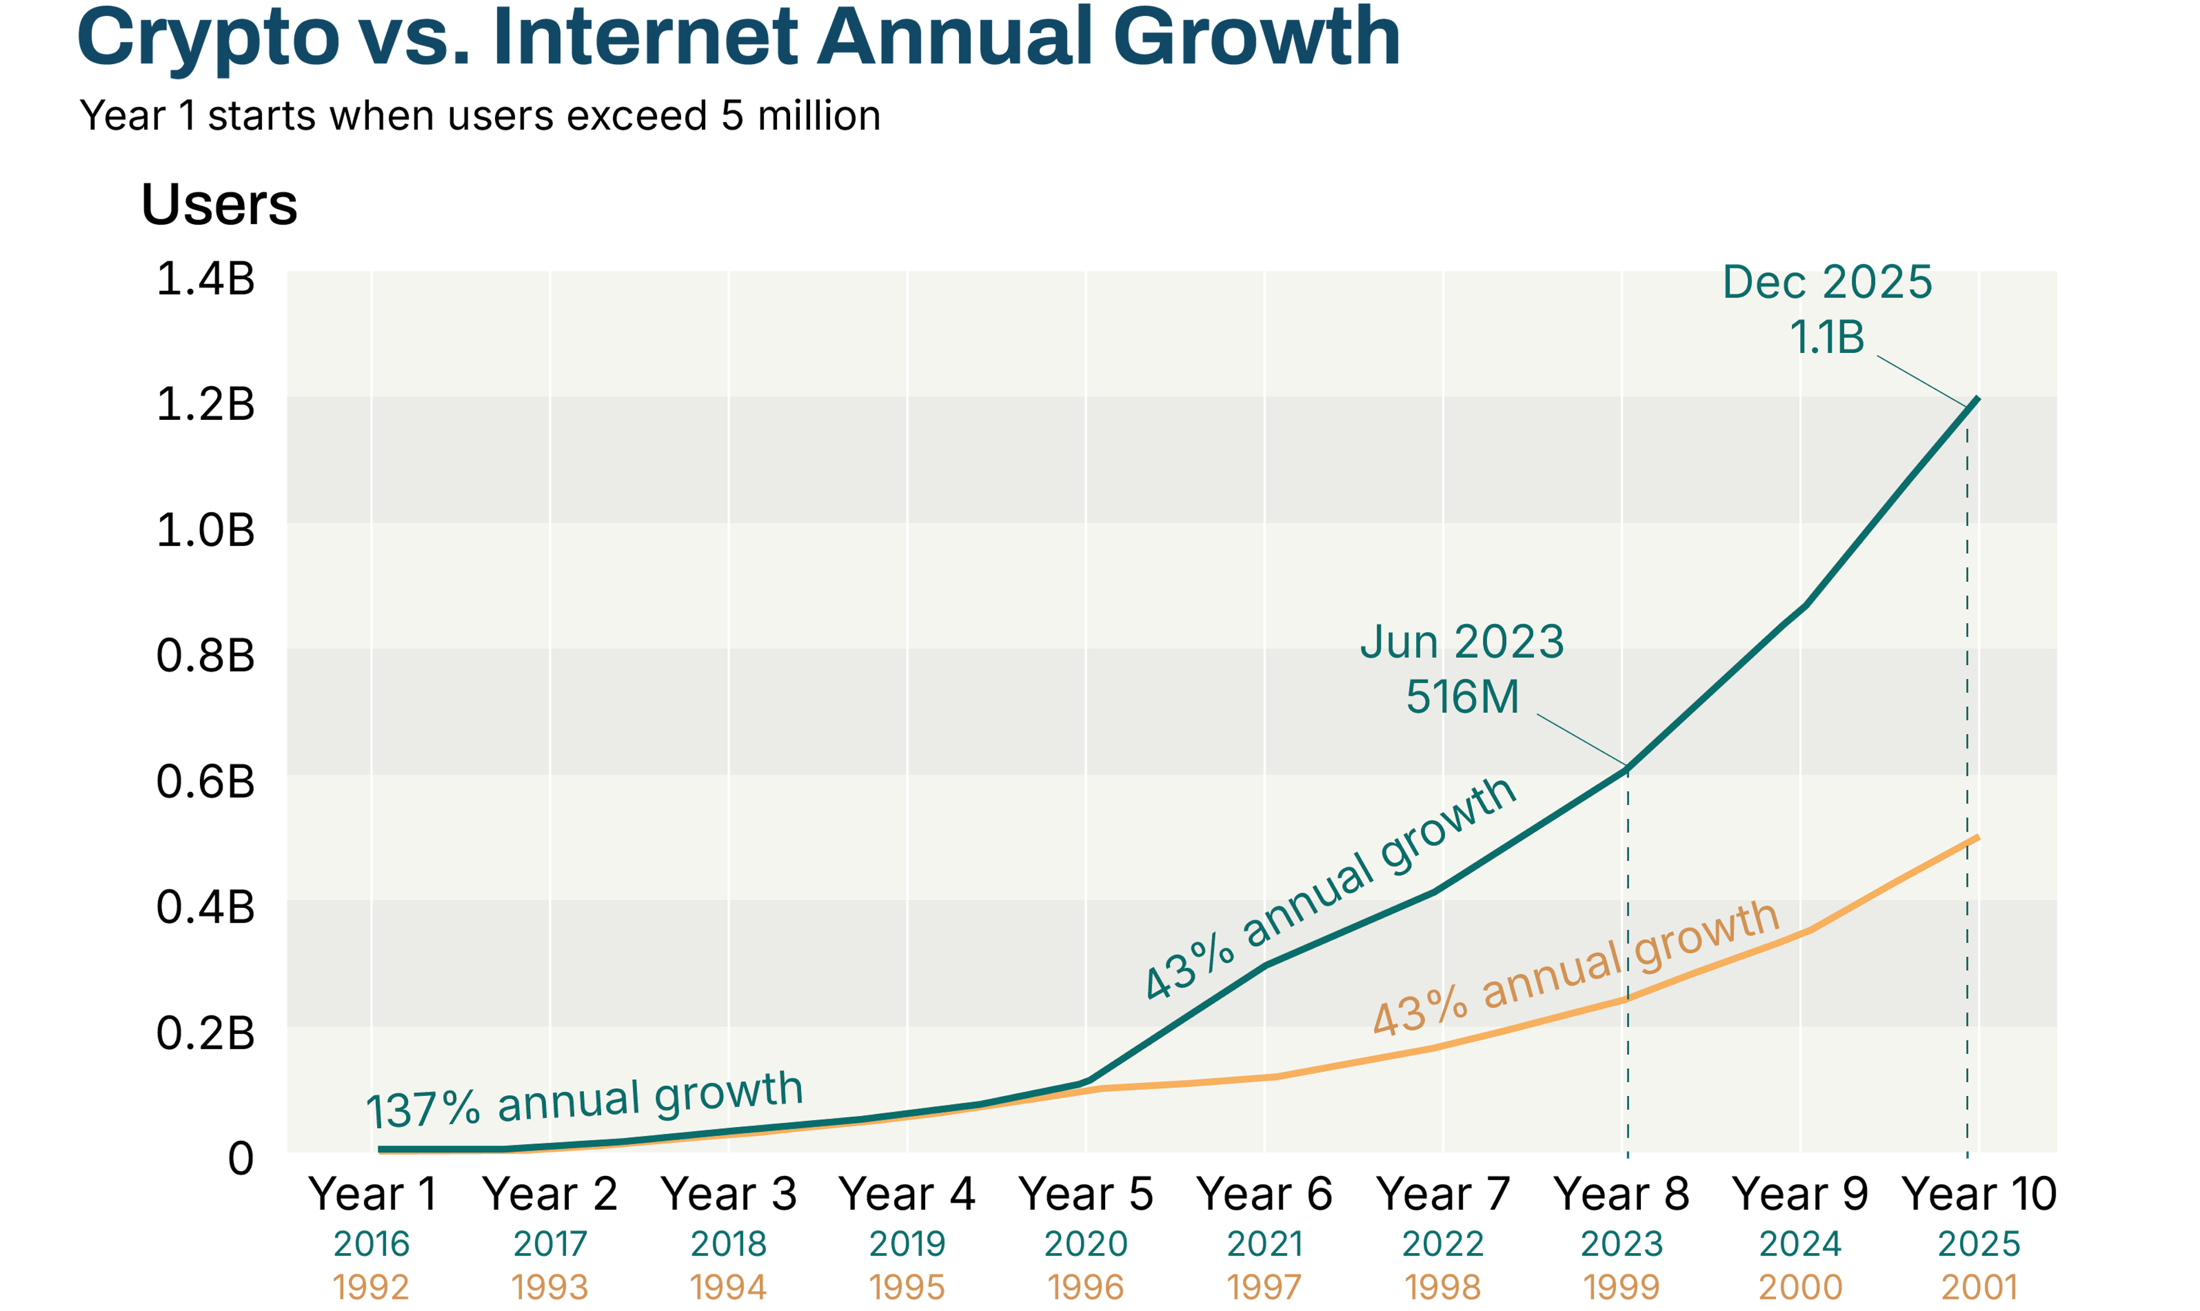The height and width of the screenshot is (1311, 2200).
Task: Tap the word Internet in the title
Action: pyautogui.click(x=646, y=37)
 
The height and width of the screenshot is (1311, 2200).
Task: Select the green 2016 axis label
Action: pyautogui.click(x=371, y=1244)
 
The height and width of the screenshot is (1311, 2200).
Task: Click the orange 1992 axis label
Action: pyautogui.click(x=371, y=1287)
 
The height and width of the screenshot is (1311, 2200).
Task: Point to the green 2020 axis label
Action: pyautogui.click(x=1086, y=1244)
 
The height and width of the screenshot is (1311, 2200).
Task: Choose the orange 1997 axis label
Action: pyautogui.click(x=1264, y=1287)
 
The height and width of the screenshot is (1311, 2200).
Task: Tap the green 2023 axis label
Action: pyautogui.click(x=1621, y=1244)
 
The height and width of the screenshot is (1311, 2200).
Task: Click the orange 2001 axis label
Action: pyautogui.click(x=1979, y=1287)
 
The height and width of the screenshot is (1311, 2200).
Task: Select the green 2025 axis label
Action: pyautogui.click(x=1979, y=1244)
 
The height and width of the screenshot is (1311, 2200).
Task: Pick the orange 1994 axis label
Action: pyautogui.click(x=728, y=1287)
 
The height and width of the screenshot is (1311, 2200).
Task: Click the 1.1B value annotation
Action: pyautogui.click(x=1826, y=337)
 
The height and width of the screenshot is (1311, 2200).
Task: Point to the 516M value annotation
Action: pyautogui.click(x=1462, y=697)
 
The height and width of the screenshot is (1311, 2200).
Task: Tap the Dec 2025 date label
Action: pyautogui.click(x=1827, y=283)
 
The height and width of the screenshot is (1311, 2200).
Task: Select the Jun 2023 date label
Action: pyautogui.click(x=1462, y=642)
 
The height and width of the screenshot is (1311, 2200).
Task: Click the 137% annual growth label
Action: pyautogui.click(x=585, y=1100)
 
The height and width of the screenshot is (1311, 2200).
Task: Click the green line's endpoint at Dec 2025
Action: pyautogui.click(x=1977, y=399)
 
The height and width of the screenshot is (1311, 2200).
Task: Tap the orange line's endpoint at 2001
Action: pyautogui.click(x=1977, y=837)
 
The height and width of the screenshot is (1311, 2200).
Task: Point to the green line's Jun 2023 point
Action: pyautogui.click(x=1628, y=767)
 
